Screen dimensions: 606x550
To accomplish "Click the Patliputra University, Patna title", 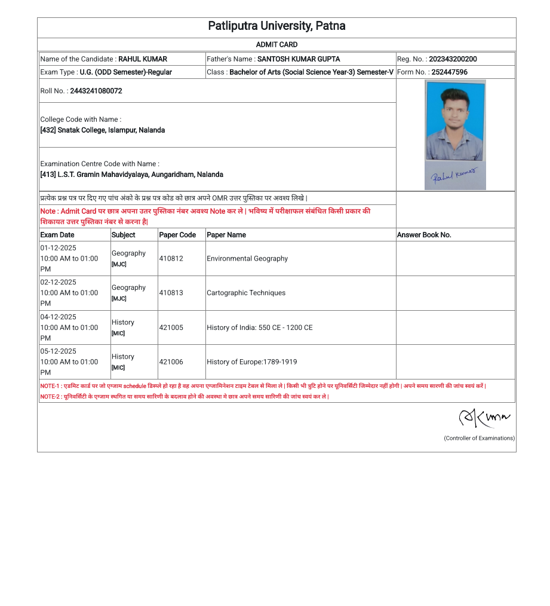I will (x=276, y=26).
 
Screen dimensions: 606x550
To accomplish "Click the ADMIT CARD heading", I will (x=276, y=45).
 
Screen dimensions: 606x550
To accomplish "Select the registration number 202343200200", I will (x=453, y=59).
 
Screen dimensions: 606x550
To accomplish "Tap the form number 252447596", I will (x=449, y=72).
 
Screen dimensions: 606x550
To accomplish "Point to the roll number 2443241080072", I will (x=96, y=91).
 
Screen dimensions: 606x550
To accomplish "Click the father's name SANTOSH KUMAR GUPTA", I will (x=299, y=59).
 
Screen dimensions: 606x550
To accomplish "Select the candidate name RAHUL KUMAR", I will (x=143, y=59).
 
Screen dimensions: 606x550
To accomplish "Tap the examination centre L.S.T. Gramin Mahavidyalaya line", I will (x=131, y=175).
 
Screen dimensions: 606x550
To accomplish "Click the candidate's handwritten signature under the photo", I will (x=454, y=175).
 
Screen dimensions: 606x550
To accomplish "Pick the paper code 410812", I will (x=171, y=259).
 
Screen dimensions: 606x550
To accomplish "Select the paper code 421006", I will (x=171, y=362).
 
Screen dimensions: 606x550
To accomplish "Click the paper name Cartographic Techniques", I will (x=246, y=293).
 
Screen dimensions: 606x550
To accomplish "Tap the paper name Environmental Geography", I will (x=247, y=259).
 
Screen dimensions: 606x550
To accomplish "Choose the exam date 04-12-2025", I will (x=59, y=317).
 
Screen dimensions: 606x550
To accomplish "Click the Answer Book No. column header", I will (x=424, y=235).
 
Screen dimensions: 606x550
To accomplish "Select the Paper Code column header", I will (x=177, y=235).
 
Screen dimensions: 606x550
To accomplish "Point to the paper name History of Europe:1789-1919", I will (x=251, y=362).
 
